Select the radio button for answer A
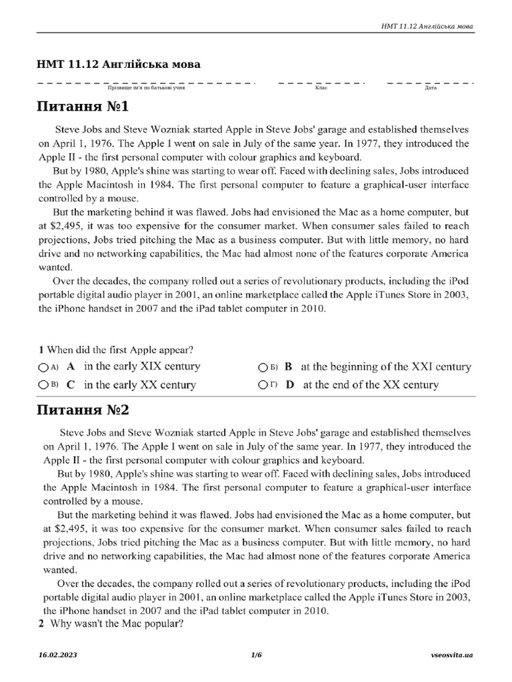(43, 367)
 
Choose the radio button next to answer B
(263, 367)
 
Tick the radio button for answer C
(43, 385)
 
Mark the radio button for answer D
(263, 385)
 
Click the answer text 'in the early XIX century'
(142, 366)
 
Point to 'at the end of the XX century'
(371, 385)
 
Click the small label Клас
(321, 88)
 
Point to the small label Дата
(430, 88)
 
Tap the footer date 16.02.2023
(58, 655)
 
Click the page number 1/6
(256, 655)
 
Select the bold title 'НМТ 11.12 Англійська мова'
(119, 65)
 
